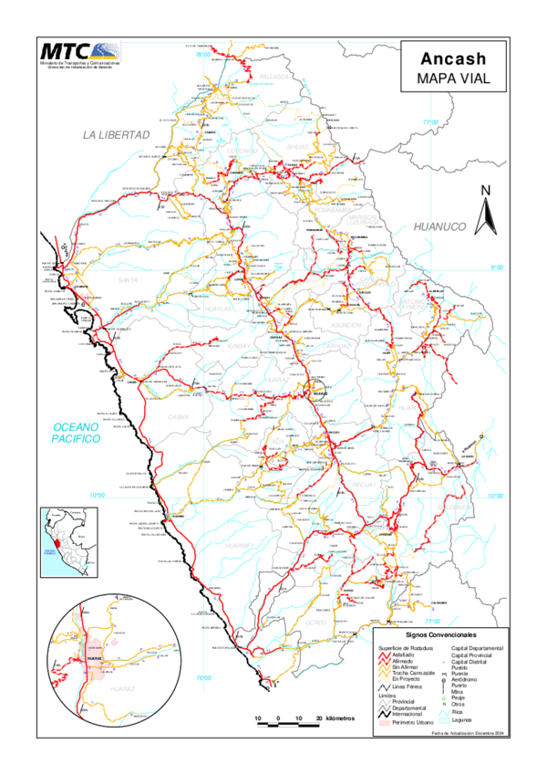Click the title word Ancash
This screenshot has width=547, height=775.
(x=448, y=58)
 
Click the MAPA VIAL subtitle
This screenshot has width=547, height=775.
(x=448, y=79)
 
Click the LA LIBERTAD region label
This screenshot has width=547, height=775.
(x=116, y=134)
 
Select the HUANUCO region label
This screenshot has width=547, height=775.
(x=439, y=226)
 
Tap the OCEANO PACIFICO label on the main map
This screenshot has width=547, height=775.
(x=77, y=433)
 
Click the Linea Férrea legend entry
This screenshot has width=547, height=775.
(x=407, y=685)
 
